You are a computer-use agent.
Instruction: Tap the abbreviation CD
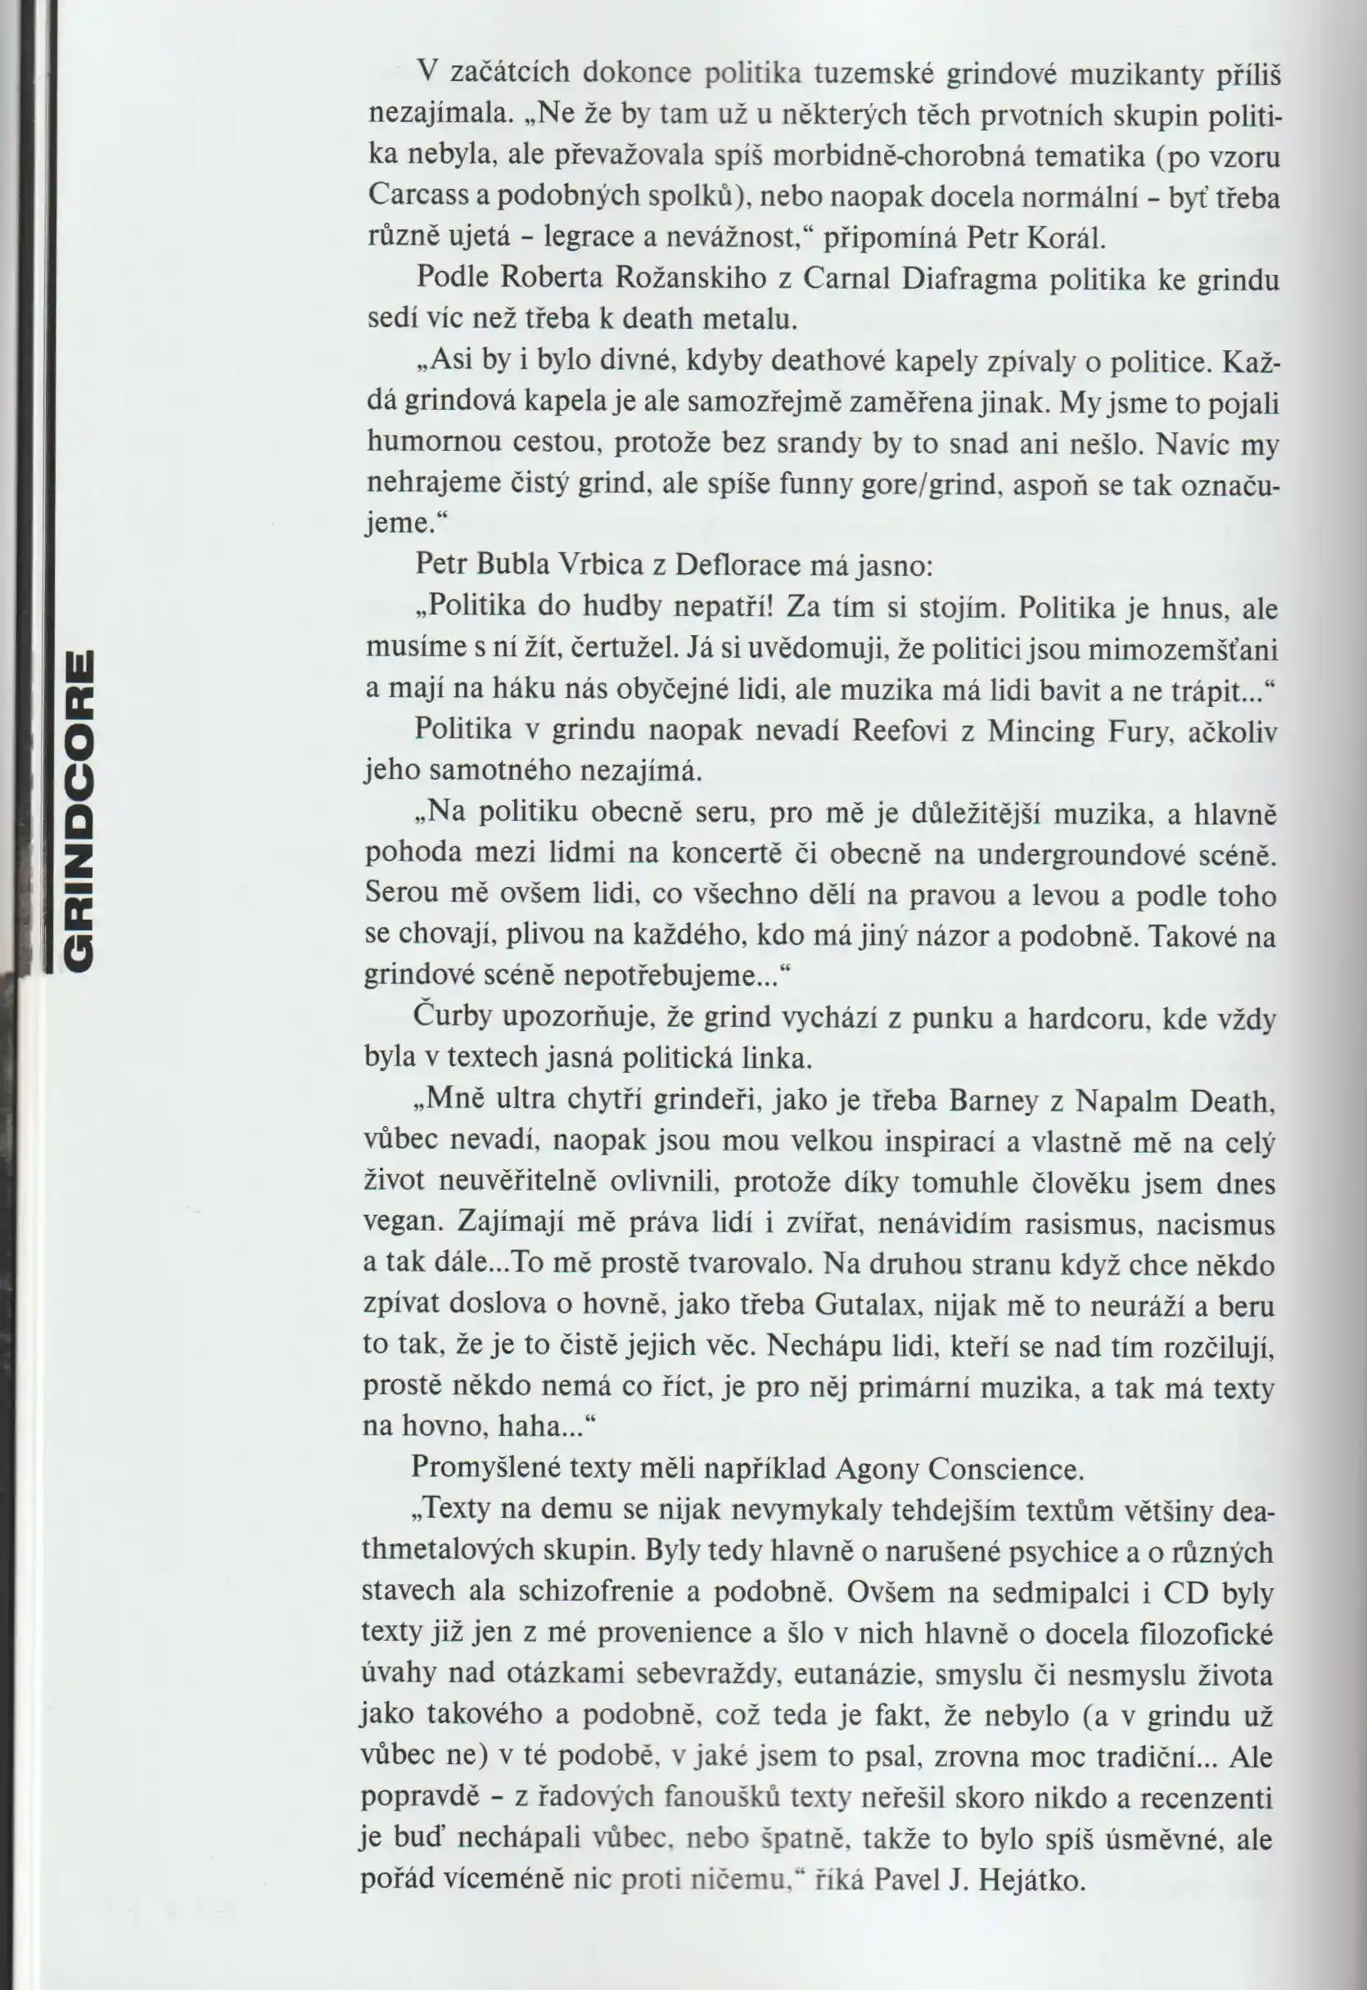(1184, 1592)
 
